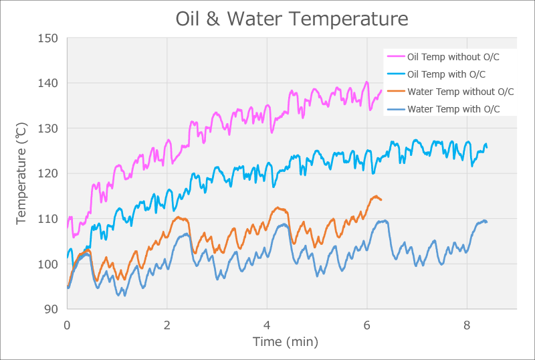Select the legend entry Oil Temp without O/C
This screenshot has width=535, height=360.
(x=453, y=57)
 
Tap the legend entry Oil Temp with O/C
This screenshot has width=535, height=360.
(x=446, y=74)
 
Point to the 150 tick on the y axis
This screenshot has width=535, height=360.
(x=48, y=38)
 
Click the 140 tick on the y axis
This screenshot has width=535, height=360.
(x=48, y=83)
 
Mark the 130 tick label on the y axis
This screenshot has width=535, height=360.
(x=48, y=128)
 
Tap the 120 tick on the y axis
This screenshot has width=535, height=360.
(x=48, y=173)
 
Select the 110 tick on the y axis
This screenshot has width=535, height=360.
(x=48, y=219)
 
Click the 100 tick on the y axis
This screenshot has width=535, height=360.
(x=48, y=264)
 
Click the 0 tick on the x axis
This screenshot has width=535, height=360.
(x=67, y=324)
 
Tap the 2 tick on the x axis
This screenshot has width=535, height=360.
(x=167, y=324)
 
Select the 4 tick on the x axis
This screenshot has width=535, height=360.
(x=267, y=324)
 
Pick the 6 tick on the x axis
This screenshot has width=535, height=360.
(x=367, y=324)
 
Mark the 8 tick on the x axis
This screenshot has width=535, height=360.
(x=467, y=324)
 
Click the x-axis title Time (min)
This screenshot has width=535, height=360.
(x=285, y=342)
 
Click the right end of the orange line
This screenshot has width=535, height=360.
(x=381, y=200)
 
